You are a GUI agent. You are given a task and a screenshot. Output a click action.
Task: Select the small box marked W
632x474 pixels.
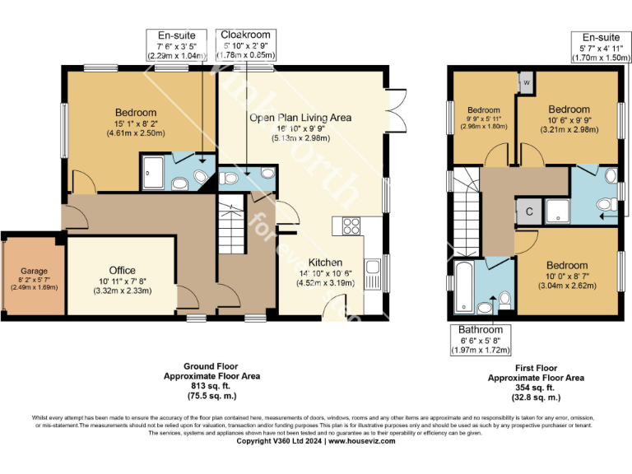[x=525, y=83]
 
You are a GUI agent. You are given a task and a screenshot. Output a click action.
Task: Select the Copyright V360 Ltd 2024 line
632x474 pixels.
[x=316, y=441]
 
